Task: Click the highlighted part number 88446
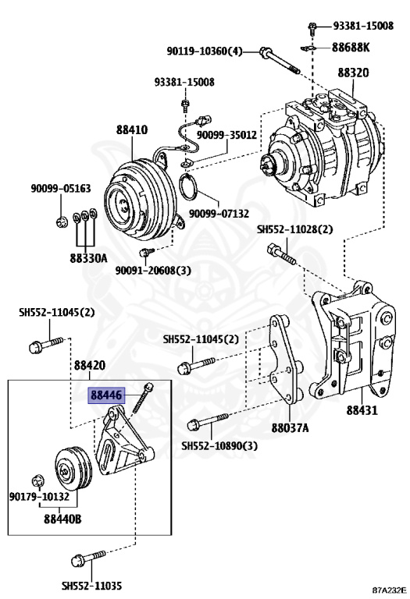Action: coord(105,396)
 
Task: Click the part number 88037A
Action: coord(290,427)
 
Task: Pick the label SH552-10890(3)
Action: coord(219,446)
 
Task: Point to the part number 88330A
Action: coord(86,257)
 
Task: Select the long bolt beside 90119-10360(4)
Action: coord(279,59)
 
